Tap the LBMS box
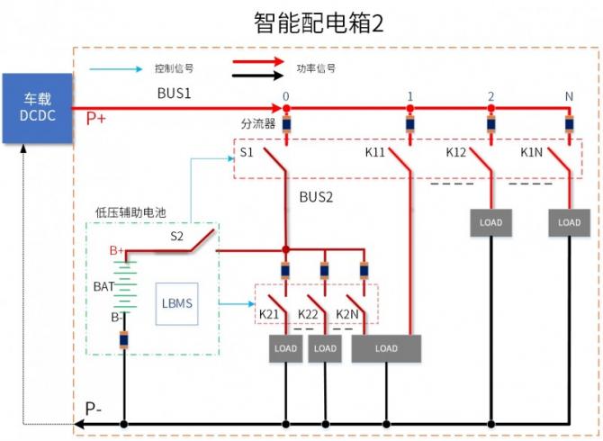click(x=175, y=303)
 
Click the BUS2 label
click(x=316, y=195)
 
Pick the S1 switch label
click(x=247, y=153)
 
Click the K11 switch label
click(x=375, y=153)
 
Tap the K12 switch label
click(x=456, y=153)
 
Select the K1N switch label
click(x=531, y=153)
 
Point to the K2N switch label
click(x=347, y=313)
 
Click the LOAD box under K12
click(x=490, y=222)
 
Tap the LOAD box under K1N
click(x=569, y=222)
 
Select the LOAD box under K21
click(x=286, y=348)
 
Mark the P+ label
click(x=96, y=118)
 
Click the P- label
click(x=94, y=408)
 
